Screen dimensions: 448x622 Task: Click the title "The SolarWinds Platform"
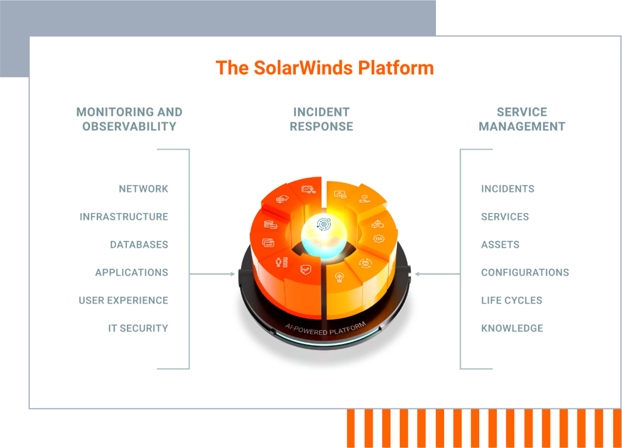click(324, 68)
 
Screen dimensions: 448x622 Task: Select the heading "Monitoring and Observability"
click(129, 119)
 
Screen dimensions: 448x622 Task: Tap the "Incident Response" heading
click(321, 119)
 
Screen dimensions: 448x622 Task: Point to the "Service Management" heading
click(522, 119)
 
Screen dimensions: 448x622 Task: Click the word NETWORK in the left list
click(143, 189)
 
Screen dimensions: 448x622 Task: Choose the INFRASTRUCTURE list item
click(124, 217)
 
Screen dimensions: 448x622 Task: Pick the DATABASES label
click(139, 245)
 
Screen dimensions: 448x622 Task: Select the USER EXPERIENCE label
click(123, 301)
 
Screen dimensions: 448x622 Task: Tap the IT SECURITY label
click(138, 328)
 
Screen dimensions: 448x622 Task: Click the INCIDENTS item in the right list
click(507, 189)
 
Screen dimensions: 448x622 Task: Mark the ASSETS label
click(500, 245)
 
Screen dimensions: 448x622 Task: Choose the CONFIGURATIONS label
click(525, 273)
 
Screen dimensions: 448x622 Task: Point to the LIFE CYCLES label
click(512, 301)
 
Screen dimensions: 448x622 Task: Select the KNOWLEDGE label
click(512, 328)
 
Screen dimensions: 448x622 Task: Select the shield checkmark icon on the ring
click(305, 269)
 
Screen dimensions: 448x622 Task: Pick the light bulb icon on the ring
click(339, 276)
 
